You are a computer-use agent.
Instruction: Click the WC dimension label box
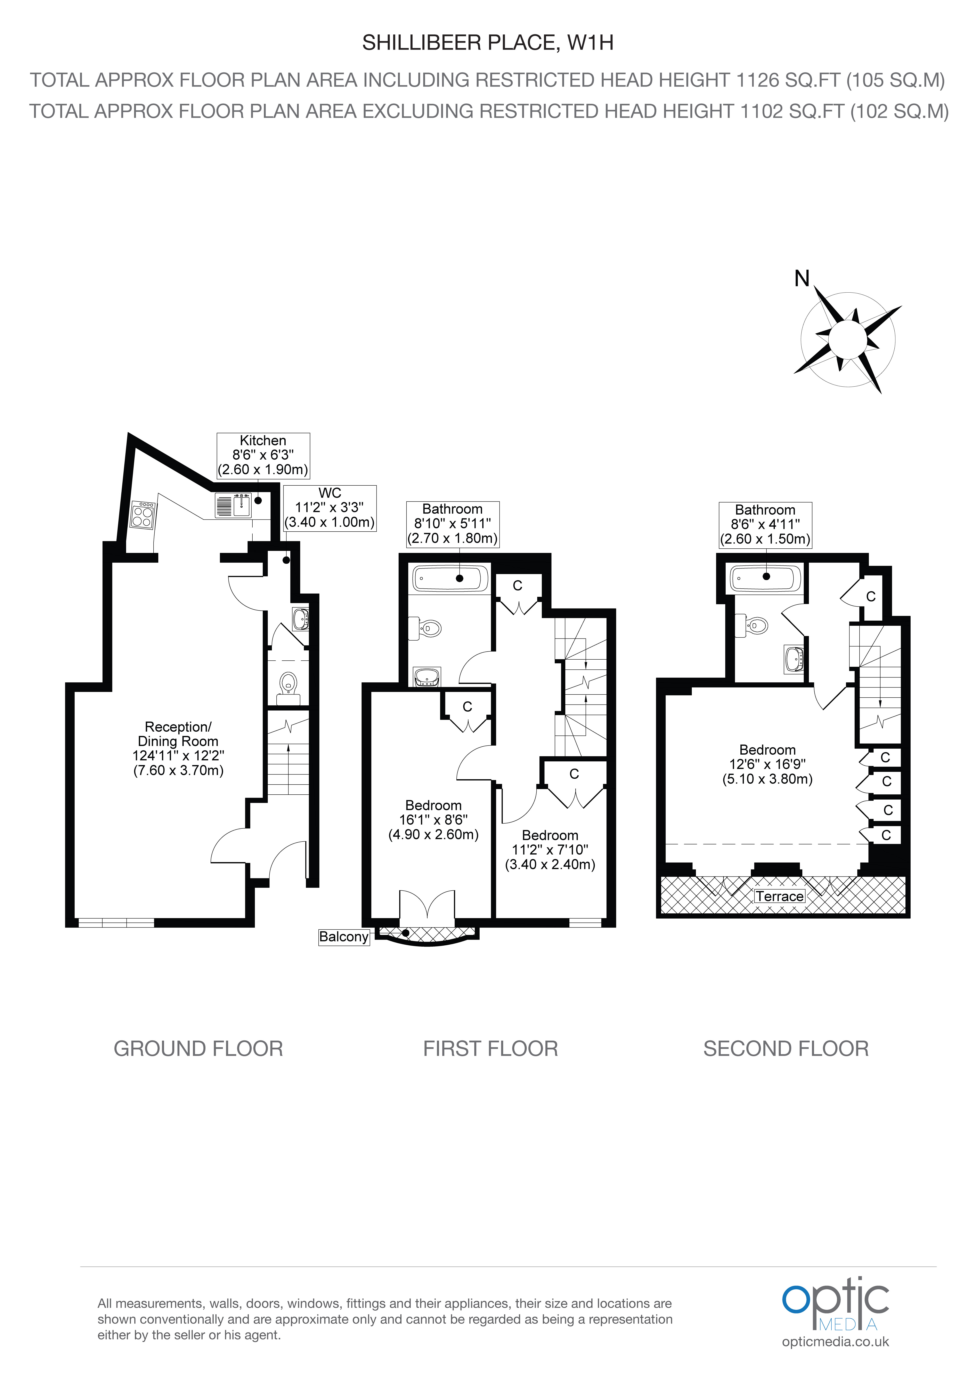330,508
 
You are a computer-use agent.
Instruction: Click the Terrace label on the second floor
779,896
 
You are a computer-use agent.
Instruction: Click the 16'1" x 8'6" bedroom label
433,820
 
